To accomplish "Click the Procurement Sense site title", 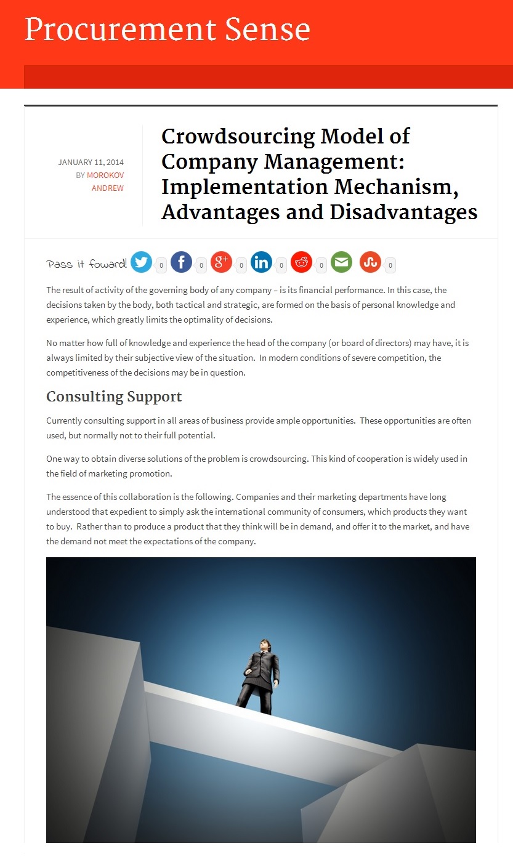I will (x=167, y=29).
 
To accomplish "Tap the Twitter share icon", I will (x=141, y=262).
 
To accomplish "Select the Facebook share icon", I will (x=181, y=262).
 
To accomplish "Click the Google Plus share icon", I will (x=221, y=262).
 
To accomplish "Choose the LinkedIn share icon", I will (x=261, y=262).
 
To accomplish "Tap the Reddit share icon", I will (x=301, y=262).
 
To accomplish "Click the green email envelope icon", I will (x=341, y=262).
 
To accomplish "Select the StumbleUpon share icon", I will (x=370, y=262).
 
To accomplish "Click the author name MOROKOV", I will (x=105, y=175).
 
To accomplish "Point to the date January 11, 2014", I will (x=91, y=163).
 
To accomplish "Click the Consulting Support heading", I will (x=114, y=397).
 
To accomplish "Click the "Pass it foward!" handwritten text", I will (x=87, y=264).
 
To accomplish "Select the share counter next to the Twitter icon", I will (x=161, y=266).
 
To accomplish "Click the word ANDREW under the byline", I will (x=108, y=188).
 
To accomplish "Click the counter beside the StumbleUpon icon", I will (x=390, y=266).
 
